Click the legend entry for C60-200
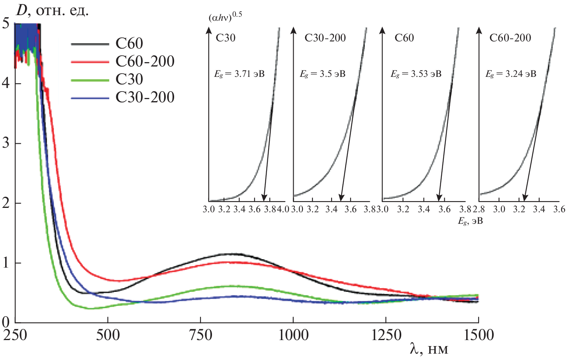coord(145,61)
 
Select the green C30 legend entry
coord(129,79)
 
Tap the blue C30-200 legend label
coord(145,97)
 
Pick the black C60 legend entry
coord(129,43)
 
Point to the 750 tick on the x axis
coord(200,335)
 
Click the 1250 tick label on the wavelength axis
coord(386,335)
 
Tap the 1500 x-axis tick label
coord(479,335)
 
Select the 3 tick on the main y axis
coord(6,143)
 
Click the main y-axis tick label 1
coord(6,263)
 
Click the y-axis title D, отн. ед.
coord(52,10)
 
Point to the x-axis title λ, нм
coord(429,350)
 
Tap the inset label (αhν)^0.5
coord(225,17)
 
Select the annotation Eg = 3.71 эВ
coord(239,74)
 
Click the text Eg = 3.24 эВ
coord(510,74)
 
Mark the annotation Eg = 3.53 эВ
coord(416,74)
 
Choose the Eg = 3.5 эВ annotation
coord(322,74)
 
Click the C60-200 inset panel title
coord(510,38)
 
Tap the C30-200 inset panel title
coord(325,38)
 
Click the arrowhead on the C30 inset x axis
coord(264,198)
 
